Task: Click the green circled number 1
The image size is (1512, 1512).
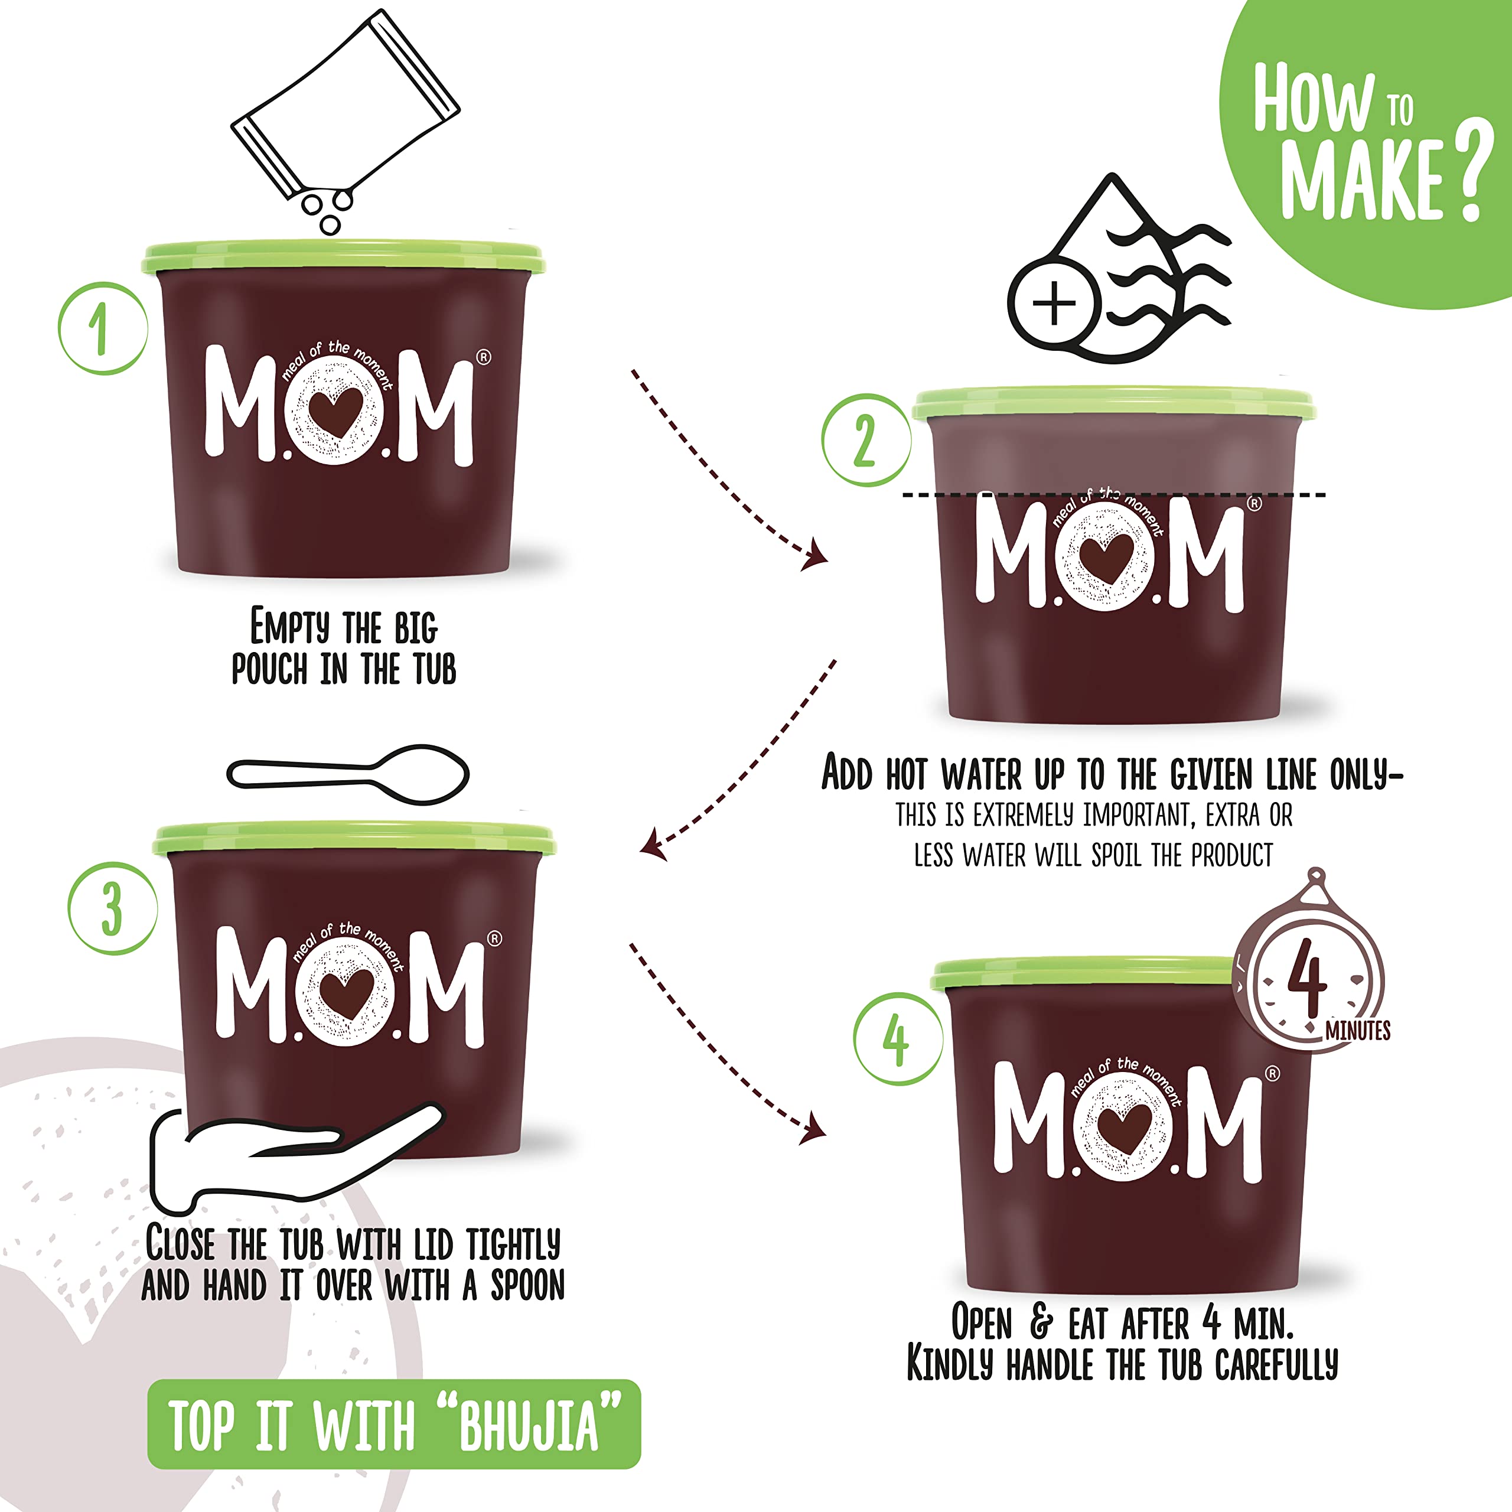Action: (x=103, y=329)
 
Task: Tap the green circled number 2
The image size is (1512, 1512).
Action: (x=866, y=440)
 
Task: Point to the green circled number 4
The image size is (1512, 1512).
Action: (x=898, y=1039)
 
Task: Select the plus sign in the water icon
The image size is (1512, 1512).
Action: (x=1054, y=303)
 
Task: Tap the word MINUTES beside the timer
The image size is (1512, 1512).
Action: (x=1358, y=1031)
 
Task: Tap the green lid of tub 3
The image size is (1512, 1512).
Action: (x=354, y=839)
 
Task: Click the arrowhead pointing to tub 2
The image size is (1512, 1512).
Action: (x=816, y=554)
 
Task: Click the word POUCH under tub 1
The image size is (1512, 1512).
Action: (x=269, y=670)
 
